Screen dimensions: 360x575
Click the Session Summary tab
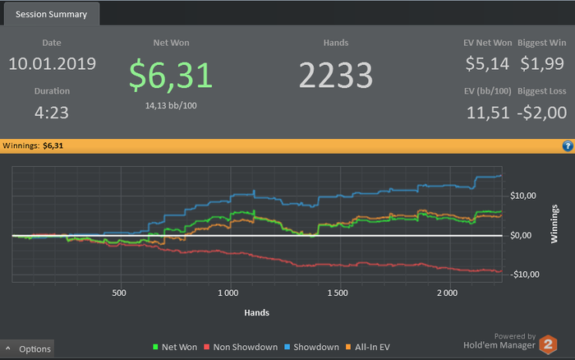[52, 14]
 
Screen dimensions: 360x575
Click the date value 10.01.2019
[53, 63]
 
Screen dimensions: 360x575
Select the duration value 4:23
[53, 112]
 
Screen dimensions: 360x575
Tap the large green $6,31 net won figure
[171, 74]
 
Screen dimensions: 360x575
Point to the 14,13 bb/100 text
[171, 104]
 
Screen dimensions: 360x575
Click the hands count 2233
[335, 76]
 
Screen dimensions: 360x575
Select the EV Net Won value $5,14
[488, 63]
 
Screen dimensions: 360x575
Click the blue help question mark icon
[567, 145]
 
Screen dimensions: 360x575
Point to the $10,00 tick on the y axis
[526, 196]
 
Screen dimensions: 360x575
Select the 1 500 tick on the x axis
[338, 293]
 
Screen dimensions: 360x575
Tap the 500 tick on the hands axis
[119, 293]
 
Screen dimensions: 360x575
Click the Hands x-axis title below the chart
[256, 312]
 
